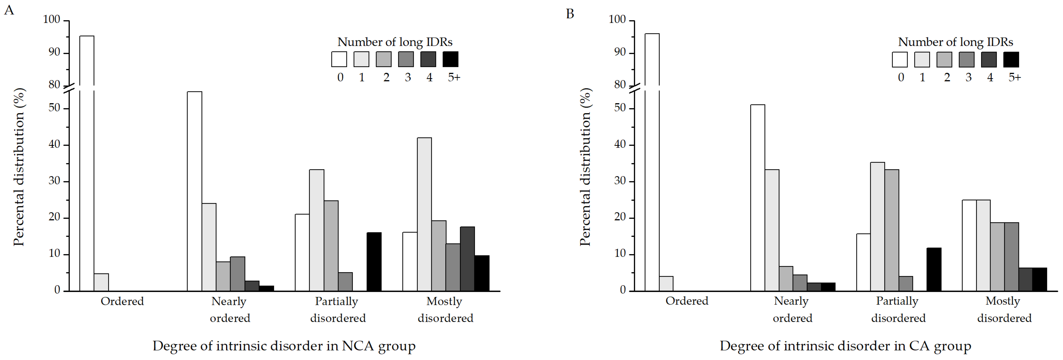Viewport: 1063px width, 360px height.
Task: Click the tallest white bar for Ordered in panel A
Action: coord(87,163)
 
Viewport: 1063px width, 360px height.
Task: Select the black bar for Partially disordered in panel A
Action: coord(374,262)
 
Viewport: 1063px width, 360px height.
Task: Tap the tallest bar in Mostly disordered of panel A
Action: coord(424,214)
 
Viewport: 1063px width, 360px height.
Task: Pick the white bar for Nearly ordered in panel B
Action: coord(758,198)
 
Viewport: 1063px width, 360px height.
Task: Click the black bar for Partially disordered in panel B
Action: coord(934,269)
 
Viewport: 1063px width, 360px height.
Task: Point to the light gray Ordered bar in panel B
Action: coord(666,284)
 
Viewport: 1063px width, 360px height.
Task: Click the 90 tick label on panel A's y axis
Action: coord(55,52)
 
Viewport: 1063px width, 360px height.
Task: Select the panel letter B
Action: coord(570,14)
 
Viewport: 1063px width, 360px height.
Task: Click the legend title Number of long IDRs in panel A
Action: coord(395,42)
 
